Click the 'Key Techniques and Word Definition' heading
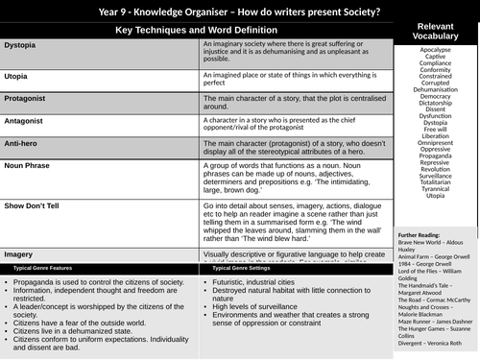(x=202, y=31)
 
